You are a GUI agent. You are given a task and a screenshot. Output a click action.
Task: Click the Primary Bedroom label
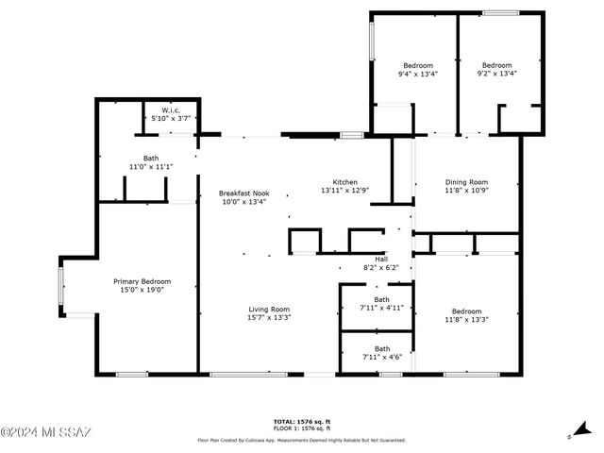click(142, 281)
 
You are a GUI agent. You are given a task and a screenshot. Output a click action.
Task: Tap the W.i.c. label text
click(171, 109)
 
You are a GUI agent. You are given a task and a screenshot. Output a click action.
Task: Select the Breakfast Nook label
click(243, 192)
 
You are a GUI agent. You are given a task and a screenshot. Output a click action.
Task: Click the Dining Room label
click(466, 181)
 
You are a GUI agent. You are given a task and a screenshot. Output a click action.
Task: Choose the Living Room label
click(269, 309)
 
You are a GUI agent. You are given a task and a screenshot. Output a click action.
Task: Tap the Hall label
click(381, 259)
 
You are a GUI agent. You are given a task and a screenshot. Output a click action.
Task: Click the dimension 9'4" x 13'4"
click(417, 74)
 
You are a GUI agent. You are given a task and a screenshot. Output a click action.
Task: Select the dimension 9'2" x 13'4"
click(496, 74)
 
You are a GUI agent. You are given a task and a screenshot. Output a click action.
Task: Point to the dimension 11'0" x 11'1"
click(151, 167)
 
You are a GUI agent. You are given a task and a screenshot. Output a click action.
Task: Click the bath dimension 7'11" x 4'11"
click(381, 308)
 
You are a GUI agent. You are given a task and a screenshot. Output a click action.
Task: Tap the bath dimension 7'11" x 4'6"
click(381, 357)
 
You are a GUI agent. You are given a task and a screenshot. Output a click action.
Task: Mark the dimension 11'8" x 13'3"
click(466, 320)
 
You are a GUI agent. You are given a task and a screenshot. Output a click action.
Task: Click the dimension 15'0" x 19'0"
click(142, 290)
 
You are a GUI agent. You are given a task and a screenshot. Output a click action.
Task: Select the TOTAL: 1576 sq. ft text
click(301, 421)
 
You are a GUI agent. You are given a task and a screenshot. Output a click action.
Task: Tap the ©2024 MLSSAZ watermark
click(46, 433)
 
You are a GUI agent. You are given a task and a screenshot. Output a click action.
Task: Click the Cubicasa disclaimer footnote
click(301, 440)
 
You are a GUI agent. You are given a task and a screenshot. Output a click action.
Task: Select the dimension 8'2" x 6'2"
click(381, 268)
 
